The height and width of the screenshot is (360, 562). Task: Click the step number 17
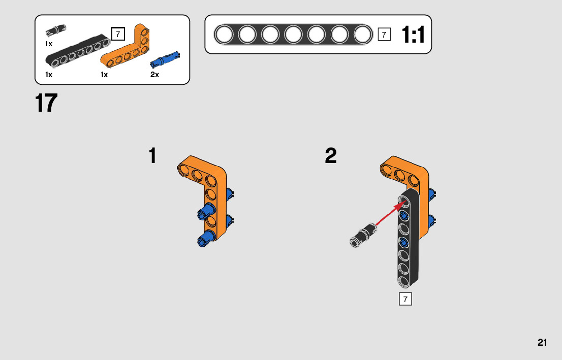tap(46, 103)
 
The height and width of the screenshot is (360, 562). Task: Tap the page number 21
tap(542, 343)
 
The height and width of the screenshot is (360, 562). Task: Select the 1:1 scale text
tap(413, 35)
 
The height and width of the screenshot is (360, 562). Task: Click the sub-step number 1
tap(152, 156)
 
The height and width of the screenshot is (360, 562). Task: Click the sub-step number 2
tap(331, 156)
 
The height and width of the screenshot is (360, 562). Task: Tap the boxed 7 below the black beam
tap(405, 299)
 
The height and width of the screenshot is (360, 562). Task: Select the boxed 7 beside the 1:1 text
tap(384, 35)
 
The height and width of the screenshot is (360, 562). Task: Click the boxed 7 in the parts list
tap(117, 34)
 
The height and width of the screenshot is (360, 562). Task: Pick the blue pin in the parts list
tap(166, 59)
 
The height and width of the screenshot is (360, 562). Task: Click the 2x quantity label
tap(154, 75)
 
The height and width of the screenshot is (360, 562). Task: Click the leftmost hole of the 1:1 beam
tap(224, 35)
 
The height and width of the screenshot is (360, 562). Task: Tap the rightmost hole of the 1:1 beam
tap(362, 35)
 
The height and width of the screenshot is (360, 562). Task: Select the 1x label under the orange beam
tap(104, 75)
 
